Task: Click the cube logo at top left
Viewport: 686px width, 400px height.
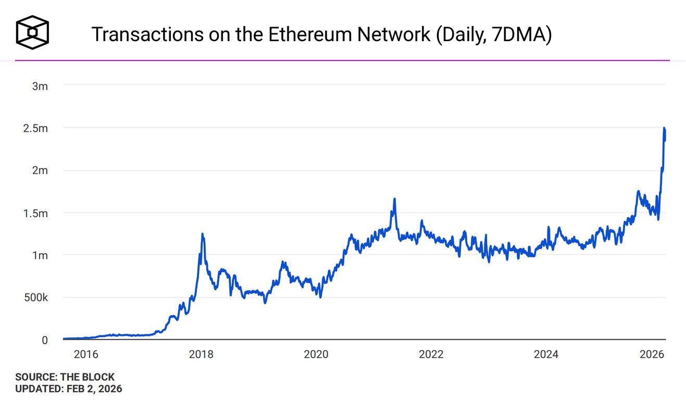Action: tap(32, 33)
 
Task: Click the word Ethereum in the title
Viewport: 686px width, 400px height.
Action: tap(294, 34)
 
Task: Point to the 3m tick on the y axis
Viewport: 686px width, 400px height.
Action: tap(40, 86)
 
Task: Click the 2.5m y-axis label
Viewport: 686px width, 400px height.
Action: tap(35, 128)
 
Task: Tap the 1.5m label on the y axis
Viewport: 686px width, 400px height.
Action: tap(35, 214)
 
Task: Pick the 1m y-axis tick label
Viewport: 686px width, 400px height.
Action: tap(40, 256)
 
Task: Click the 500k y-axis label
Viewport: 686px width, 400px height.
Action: tap(35, 298)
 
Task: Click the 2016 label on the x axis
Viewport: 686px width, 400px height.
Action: tap(86, 355)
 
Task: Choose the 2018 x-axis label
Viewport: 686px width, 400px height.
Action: tap(201, 355)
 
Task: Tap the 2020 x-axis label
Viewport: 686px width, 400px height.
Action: tap(316, 355)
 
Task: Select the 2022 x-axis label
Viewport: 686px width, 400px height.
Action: tap(431, 355)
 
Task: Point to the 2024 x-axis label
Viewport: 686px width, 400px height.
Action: tap(546, 355)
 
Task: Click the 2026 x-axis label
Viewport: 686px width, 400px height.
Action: tap(651, 355)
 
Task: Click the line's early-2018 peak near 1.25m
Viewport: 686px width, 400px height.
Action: tap(202, 234)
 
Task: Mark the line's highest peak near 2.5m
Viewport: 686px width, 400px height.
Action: tap(664, 128)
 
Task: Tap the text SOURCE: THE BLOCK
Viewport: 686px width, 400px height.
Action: tap(65, 377)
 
